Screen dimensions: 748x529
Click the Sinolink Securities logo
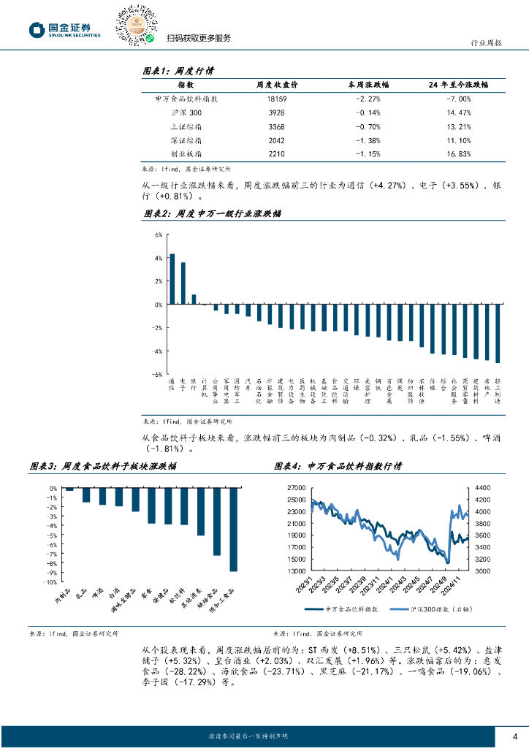pyautogui.click(x=64, y=28)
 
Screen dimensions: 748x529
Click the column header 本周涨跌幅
pyautogui.click(x=365, y=85)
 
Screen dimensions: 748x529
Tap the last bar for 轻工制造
pyautogui.click(x=498, y=334)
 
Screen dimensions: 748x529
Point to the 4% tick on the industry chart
pyautogui.click(x=158, y=258)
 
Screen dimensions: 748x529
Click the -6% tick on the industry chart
pyautogui.click(x=156, y=374)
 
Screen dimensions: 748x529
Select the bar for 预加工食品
pyautogui.click(x=233, y=530)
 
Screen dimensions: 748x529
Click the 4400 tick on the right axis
pyautogui.click(x=483, y=487)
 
